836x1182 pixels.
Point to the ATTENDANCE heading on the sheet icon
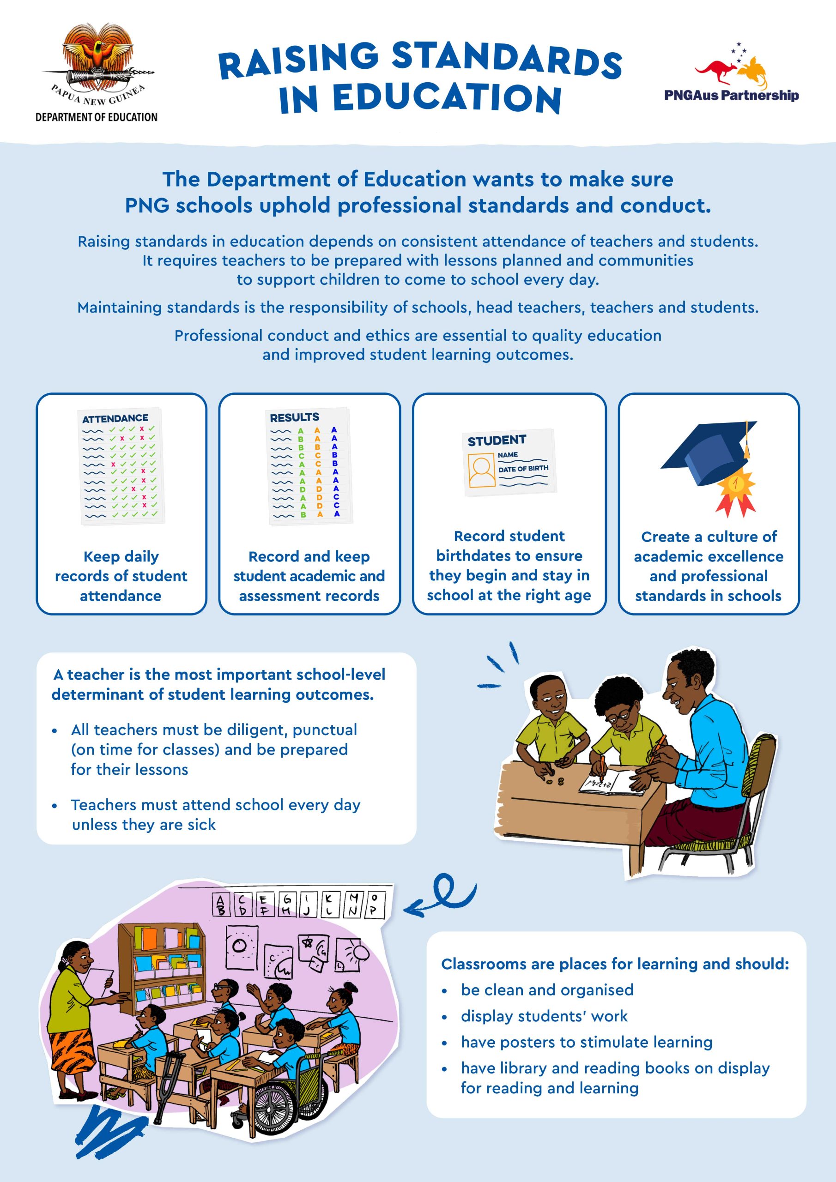click(115, 418)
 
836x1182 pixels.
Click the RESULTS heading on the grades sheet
click(294, 417)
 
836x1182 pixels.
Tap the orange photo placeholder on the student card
click(481, 470)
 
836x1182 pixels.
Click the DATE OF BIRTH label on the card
click(523, 469)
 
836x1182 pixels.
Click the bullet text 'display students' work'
click(544, 1016)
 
